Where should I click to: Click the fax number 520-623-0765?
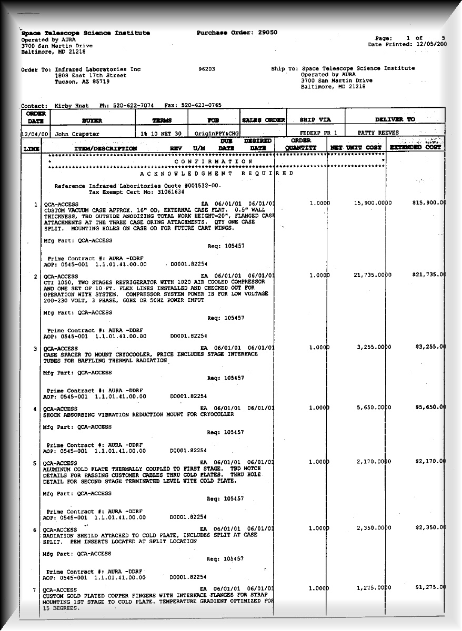201,105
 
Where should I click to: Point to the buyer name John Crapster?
77,134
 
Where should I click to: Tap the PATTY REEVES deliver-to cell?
378,133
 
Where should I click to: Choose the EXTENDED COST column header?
415,148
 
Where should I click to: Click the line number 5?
35,463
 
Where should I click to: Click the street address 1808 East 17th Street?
91,75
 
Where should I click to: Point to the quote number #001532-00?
199,186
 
